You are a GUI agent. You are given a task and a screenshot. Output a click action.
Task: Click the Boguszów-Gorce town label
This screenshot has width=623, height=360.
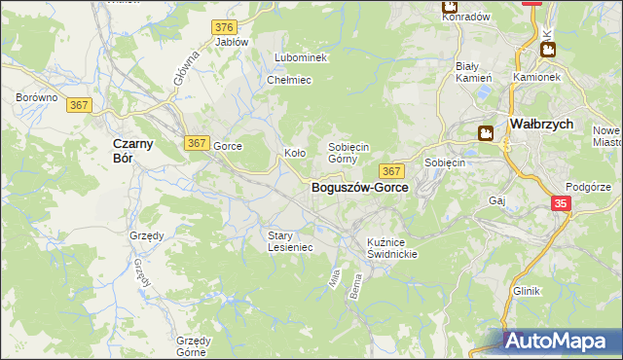click(x=359, y=188)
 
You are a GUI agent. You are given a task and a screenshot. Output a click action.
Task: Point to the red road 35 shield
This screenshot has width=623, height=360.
click(x=561, y=203)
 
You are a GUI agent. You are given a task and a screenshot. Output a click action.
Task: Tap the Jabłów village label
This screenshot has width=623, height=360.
click(x=232, y=42)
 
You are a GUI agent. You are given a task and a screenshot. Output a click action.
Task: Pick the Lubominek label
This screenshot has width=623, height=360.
click(x=301, y=58)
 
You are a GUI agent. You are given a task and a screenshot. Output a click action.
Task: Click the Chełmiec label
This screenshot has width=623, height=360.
click(x=288, y=80)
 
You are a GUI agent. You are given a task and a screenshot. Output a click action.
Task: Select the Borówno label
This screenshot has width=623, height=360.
click(x=37, y=98)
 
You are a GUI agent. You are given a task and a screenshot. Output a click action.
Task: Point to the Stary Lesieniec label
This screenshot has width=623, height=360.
click(x=290, y=240)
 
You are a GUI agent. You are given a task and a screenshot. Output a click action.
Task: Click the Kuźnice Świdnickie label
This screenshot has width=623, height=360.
click(x=392, y=247)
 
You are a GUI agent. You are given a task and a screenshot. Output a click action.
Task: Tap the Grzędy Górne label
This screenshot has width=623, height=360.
click(x=194, y=346)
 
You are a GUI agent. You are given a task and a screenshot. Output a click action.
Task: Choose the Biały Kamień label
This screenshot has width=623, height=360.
click(x=474, y=72)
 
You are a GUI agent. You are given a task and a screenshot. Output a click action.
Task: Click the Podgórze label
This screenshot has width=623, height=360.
click(x=587, y=186)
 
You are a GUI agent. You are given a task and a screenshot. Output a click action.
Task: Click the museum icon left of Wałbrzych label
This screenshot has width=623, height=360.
click(x=485, y=133)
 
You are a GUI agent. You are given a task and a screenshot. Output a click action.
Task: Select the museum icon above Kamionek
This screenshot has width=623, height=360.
click(x=547, y=49)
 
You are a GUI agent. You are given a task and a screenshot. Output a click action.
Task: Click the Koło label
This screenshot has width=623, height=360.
click(x=294, y=153)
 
